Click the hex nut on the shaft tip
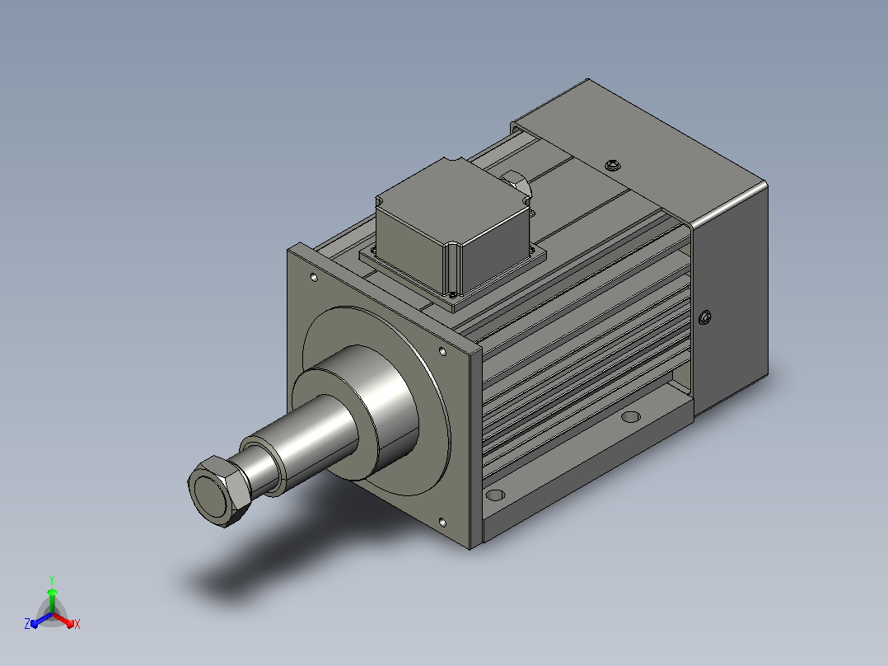pyautogui.click(x=218, y=491)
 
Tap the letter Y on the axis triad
pyautogui.click(x=52, y=580)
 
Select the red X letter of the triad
pyautogui.click(x=77, y=624)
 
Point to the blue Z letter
pyautogui.click(x=27, y=624)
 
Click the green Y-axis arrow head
pyautogui.click(x=52, y=593)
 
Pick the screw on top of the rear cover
pyautogui.click(x=611, y=166)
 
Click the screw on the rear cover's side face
pyautogui.click(x=705, y=317)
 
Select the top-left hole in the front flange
pyautogui.click(x=314, y=277)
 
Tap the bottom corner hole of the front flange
pyautogui.click(x=442, y=522)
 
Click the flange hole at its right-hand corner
pyautogui.click(x=443, y=352)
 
